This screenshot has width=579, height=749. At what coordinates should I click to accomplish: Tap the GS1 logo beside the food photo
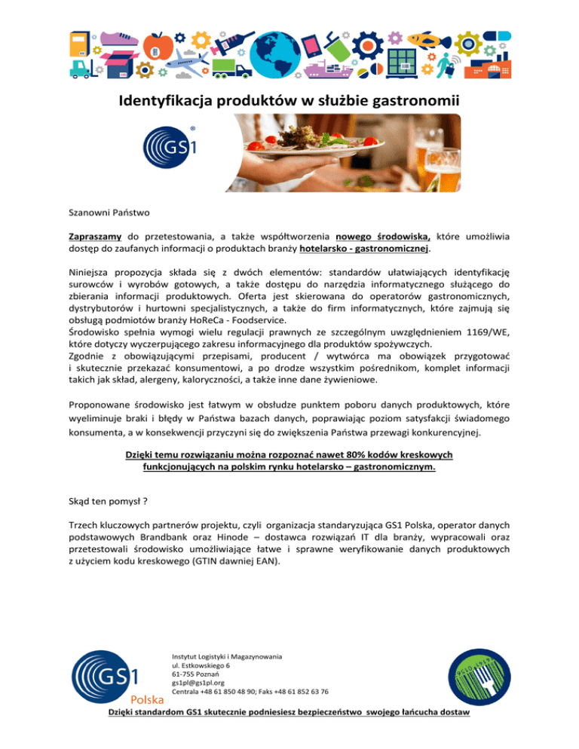pos(170,147)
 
